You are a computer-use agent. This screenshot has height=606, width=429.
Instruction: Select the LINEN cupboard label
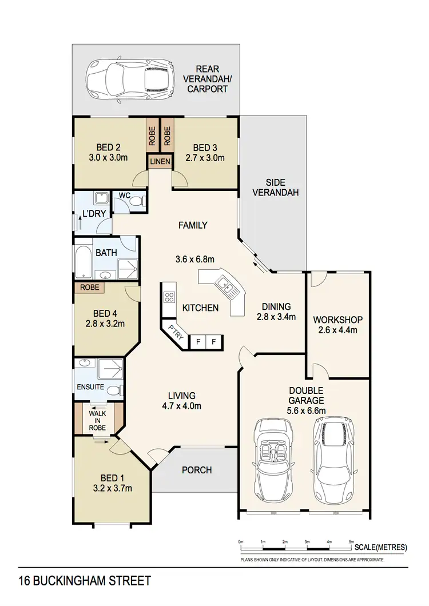[160, 162]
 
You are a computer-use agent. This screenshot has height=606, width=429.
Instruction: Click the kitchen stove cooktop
[170, 296]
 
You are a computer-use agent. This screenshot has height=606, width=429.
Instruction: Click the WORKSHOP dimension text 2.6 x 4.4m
[337, 330]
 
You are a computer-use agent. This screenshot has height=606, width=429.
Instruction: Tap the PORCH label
[197, 470]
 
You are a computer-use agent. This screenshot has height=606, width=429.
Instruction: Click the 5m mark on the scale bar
[351, 540]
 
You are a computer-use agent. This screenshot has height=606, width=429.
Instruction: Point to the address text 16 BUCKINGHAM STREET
[85, 581]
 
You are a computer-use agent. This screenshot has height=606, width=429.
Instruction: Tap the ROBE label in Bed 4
[89, 288]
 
